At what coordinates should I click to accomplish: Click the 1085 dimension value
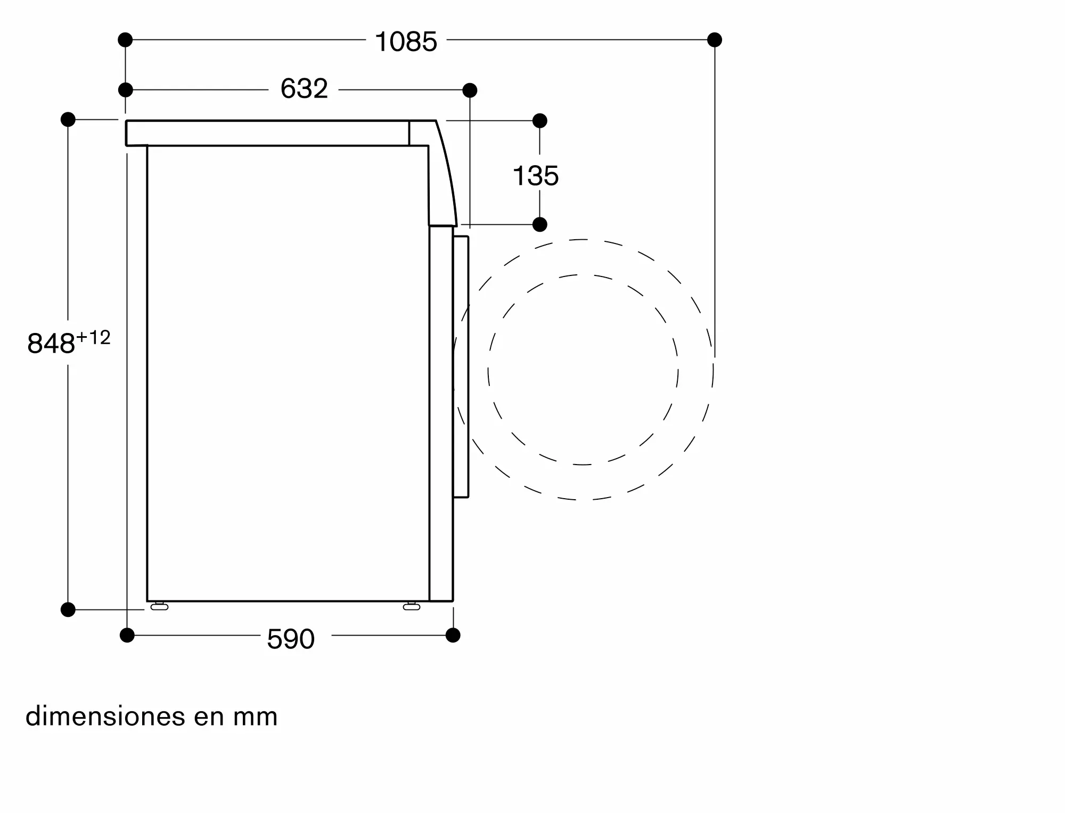406,42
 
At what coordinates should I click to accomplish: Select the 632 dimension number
304,88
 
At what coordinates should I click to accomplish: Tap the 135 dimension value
536,176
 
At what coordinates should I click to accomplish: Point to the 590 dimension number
291,639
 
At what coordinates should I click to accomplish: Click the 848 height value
51,344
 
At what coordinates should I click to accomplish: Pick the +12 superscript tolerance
93,337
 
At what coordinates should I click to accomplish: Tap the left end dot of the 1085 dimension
125,39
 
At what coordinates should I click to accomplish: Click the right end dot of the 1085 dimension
715,39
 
